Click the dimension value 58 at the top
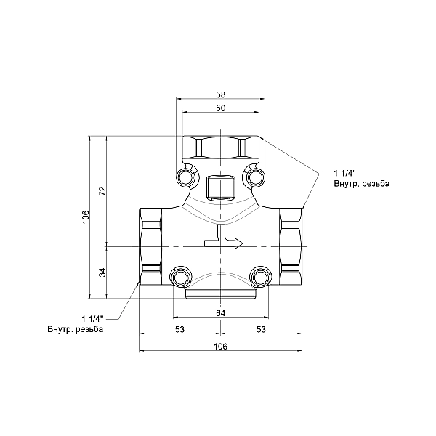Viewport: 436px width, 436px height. tap(220, 94)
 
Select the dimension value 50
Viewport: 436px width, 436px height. tap(220, 108)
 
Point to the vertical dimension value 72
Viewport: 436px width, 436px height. tap(103, 190)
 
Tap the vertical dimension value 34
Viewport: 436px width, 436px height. tap(103, 272)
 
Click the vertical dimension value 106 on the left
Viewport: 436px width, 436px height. tap(85, 217)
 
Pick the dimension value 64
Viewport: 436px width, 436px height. tap(220, 312)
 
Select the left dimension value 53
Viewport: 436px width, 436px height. tap(179, 329)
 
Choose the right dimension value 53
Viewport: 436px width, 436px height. tap(261, 329)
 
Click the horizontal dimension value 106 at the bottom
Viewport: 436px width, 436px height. tap(220, 346)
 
